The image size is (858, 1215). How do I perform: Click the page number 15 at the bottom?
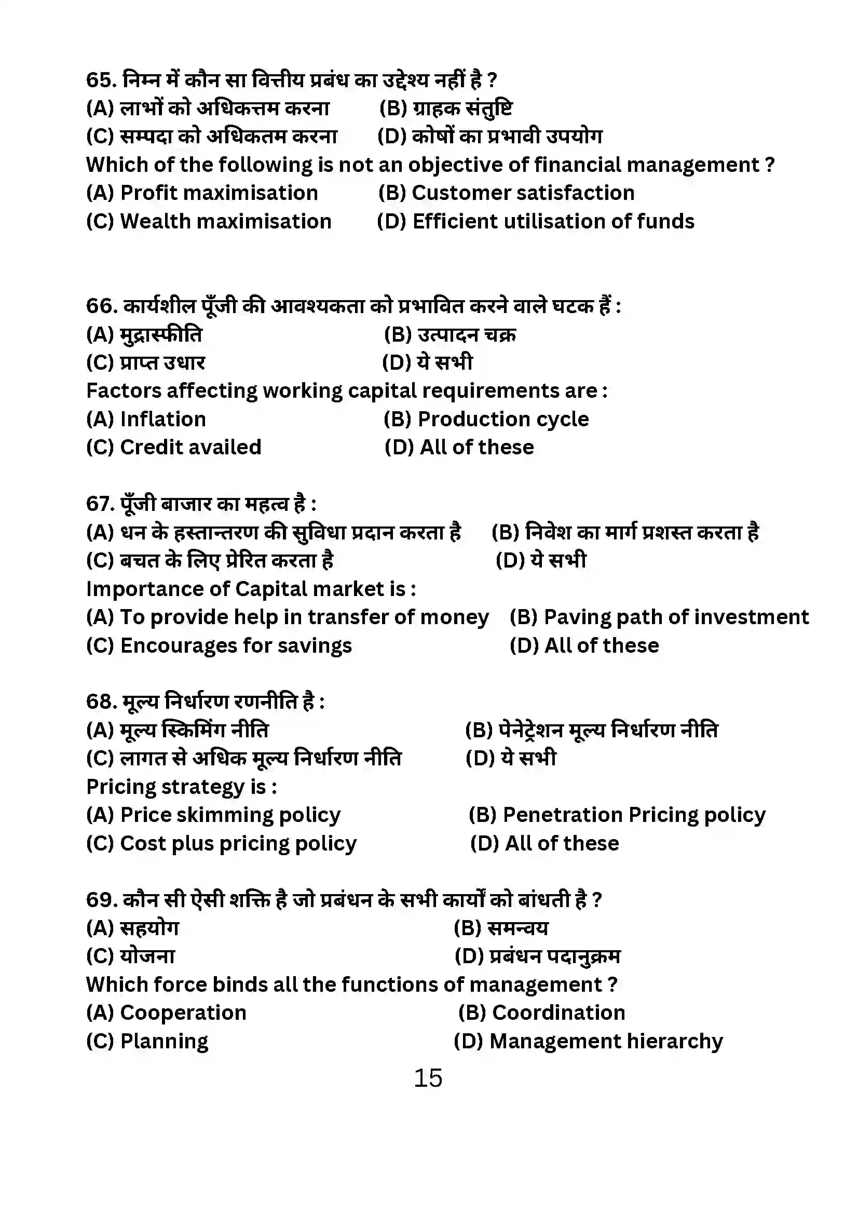click(428, 1078)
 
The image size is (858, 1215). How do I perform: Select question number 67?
click(100, 504)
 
